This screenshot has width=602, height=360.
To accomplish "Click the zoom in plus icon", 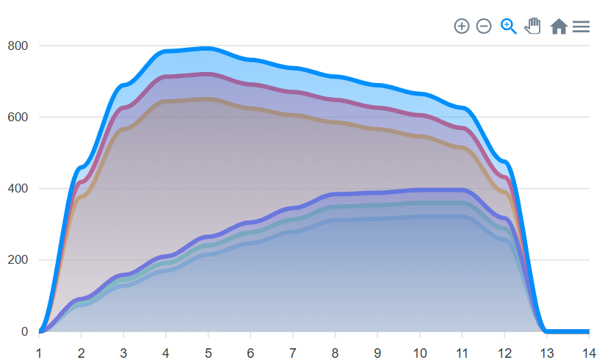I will tap(462, 26).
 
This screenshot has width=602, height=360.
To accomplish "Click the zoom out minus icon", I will tap(484, 26).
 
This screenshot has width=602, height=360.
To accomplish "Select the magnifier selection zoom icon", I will tap(508, 26).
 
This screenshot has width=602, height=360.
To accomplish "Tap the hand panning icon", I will tap(532, 26).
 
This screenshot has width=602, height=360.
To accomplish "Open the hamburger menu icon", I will tap(581, 26).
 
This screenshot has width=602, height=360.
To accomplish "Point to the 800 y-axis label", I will tap(18, 46).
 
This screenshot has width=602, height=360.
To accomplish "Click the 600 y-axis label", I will tap(18, 117).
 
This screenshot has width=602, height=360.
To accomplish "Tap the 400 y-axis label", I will tap(18, 189).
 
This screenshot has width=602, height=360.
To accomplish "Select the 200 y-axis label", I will tap(18, 260).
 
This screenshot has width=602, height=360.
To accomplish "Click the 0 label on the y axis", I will tap(24, 331).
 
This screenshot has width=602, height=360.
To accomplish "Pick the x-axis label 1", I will tap(39, 353).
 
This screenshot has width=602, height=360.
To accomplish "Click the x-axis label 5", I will tap(208, 353).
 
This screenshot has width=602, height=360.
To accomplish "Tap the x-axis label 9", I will tap(377, 353).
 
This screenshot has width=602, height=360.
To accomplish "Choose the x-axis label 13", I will tap(546, 353).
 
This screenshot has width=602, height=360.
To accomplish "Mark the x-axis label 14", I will tap(589, 353).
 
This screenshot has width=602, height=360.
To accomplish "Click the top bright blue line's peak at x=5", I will tap(208, 48).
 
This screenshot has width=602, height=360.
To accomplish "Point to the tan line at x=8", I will tap(335, 122).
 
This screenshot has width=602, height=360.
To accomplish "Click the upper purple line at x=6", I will tap(250, 84).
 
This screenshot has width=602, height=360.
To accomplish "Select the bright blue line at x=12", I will tap(504, 162).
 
